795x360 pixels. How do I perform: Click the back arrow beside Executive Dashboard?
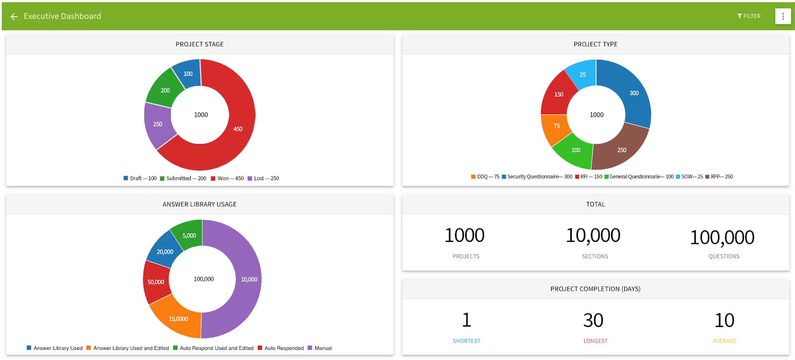(x=14, y=16)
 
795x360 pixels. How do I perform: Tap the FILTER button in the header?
(x=749, y=16)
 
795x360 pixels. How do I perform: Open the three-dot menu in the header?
(x=783, y=16)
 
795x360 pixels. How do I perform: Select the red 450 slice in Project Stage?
(x=238, y=129)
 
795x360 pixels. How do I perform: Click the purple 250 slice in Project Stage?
(x=158, y=124)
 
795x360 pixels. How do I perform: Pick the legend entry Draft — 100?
(x=140, y=178)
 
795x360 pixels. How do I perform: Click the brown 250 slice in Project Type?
(x=621, y=150)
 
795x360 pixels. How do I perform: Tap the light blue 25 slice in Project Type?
(x=582, y=75)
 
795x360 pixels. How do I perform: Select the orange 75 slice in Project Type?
(x=556, y=126)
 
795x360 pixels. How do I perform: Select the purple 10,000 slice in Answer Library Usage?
(x=249, y=280)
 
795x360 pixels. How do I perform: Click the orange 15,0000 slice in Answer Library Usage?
(x=178, y=319)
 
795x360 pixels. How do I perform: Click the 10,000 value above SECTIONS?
(x=593, y=235)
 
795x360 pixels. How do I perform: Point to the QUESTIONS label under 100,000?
(x=724, y=256)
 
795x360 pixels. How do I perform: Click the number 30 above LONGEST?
(x=593, y=320)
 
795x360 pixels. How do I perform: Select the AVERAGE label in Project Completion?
(x=724, y=341)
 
